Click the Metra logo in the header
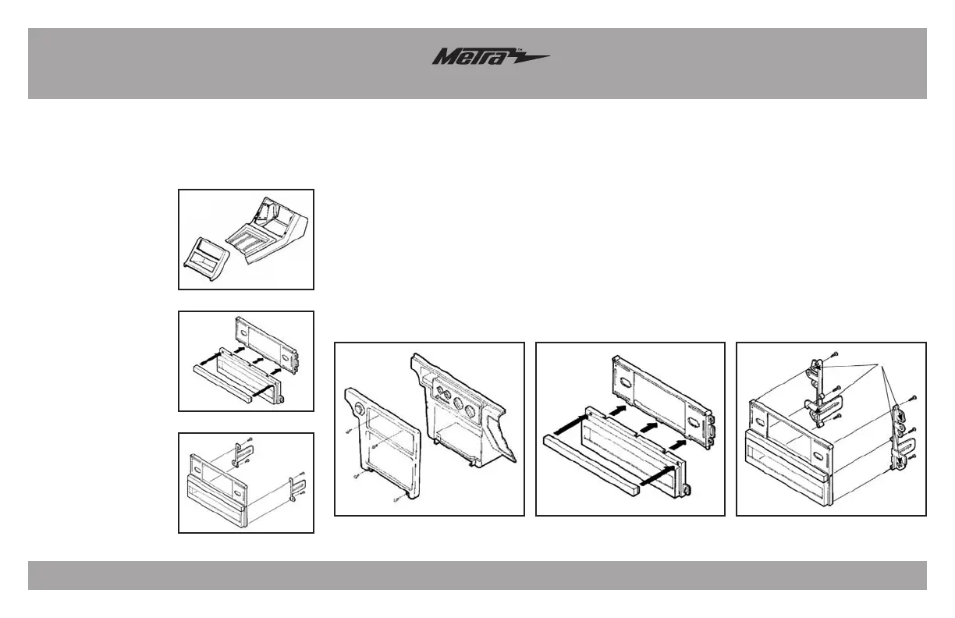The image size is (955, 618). click(x=490, y=57)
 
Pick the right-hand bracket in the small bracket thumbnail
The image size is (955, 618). click(x=295, y=489)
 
